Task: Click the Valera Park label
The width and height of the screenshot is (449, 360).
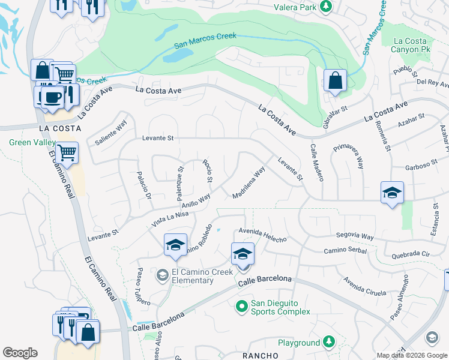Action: (x=294, y=7)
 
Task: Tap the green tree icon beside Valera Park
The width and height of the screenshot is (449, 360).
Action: (x=325, y=7)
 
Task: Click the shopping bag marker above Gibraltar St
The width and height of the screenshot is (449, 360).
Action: (x=334, y=80)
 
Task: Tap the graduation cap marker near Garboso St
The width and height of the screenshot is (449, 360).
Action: (x=392, y=193)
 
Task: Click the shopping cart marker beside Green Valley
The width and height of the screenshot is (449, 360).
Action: (x=67, y=152)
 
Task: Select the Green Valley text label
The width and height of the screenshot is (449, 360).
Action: (x=30, y=142)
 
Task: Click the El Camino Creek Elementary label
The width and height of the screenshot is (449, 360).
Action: (x=192, y=276)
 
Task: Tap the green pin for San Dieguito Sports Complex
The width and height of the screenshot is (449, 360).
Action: (x=242, y=307)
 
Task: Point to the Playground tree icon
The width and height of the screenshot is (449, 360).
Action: (x=328, y=342)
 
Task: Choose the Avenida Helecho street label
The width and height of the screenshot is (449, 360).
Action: (x=262, y=234)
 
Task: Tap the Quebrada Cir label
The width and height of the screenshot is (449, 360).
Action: (x=410, y=254)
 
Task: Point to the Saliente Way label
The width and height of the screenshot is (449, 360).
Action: (x=112, y=133)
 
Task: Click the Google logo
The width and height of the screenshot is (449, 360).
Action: (x=20, y=353)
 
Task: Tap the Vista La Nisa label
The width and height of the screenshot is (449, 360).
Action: (x=170, y=217)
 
